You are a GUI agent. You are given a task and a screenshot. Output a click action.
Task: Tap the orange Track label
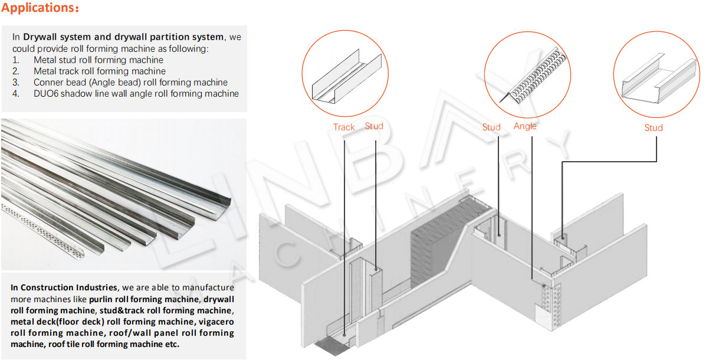click(344, 127)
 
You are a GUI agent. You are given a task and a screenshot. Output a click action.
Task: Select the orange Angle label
click(525, 126)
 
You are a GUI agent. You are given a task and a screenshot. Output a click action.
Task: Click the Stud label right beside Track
click(374, 126)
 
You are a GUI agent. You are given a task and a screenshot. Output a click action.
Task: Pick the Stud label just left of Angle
click(491, 127)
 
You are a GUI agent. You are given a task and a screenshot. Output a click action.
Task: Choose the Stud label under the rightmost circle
click(653, 127)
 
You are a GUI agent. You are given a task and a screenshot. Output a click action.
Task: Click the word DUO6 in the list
click(46, 93)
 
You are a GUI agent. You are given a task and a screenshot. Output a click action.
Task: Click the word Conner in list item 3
click(48, 82)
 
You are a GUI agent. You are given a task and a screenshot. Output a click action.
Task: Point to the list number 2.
click(15, 71)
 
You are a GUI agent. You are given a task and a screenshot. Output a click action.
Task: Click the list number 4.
click(15, 93)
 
